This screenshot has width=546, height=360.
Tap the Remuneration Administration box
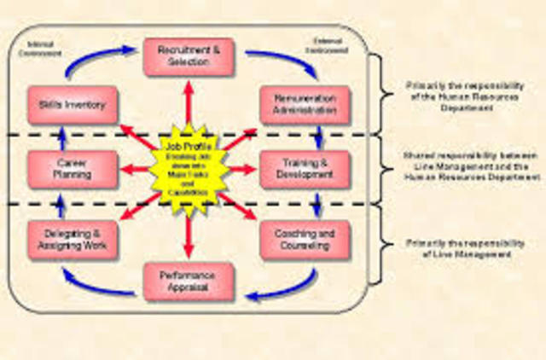tap(304, 105)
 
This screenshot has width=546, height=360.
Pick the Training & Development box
tap(304, 168)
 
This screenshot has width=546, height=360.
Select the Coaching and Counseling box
tap(304, 240)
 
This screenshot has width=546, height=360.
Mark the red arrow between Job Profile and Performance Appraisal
tap(189, 232)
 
